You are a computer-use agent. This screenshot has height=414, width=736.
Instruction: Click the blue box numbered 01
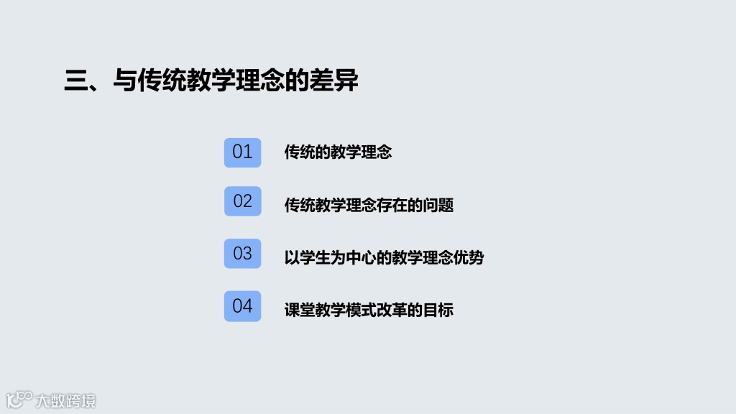pos(242,152)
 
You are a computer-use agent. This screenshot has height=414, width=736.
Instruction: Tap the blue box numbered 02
pos(242,201)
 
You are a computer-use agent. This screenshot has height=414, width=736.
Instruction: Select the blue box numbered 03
pos(242,254)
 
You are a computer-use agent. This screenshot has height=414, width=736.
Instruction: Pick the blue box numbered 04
pos(242,306)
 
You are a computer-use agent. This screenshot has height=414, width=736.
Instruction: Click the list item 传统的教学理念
pos(338,152)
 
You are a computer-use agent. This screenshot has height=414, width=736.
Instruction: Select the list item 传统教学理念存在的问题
pos(369,206)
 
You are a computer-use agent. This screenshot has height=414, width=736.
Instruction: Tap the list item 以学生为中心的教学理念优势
pos(384,258)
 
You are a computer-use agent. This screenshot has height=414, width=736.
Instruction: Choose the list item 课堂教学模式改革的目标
pos(369,310)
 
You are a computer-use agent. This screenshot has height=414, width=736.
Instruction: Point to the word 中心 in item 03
pos(361,258)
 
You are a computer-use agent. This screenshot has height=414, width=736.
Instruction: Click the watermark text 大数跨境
pos(65,400)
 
